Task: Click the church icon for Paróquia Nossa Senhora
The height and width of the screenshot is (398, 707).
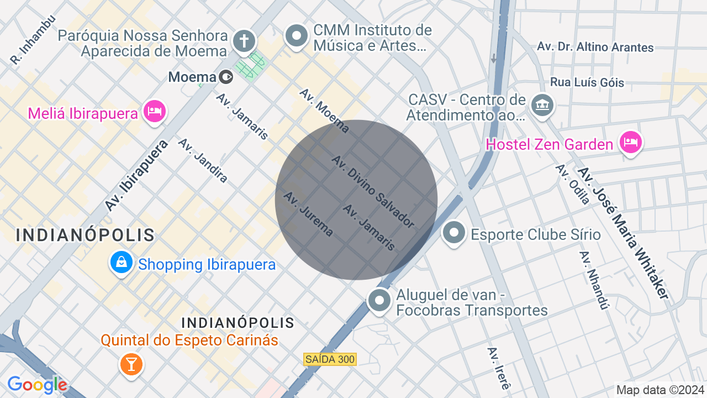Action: (244, 40)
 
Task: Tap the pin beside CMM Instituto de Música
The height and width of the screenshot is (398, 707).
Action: (297, 36)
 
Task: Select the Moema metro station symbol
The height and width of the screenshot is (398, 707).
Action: (226, 77)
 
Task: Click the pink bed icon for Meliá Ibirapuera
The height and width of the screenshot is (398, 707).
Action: (155, 112)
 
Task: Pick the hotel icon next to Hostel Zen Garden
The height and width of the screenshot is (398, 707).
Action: (630, 143)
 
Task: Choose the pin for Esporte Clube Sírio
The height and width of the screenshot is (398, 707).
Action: (454, 233)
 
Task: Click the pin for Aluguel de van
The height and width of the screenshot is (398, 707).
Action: (379, 301)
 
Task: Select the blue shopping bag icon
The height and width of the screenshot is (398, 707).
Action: (122, 263)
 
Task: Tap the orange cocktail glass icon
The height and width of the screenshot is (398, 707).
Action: (131, 364)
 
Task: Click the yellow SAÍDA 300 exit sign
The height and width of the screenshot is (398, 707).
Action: (330, 359)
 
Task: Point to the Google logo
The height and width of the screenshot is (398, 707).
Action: (38, 385)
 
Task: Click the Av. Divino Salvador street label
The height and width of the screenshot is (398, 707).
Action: (373, 191)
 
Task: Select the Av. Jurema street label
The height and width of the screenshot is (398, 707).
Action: (308, 213)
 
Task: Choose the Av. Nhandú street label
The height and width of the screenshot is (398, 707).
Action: (594, 280)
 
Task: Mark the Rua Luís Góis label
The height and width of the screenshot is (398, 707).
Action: (587, 82)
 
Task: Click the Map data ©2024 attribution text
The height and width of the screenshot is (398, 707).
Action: (661, 390)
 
